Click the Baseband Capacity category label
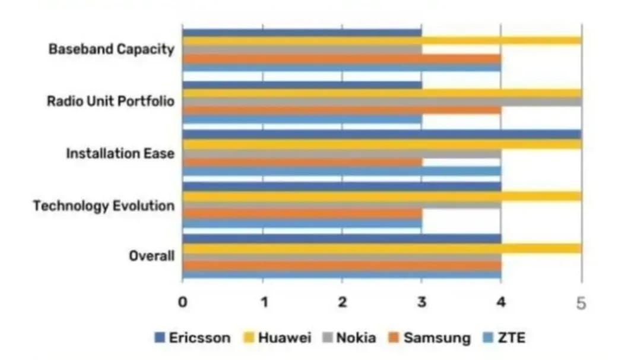pos(111,49)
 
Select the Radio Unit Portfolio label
pos(110,102)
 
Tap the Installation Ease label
pos(120,154)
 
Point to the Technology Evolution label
pos(104,206)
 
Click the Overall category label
pos(151,257)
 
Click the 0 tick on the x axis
pos(182,302)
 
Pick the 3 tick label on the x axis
pos(422,302)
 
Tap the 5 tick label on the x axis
pos(581,303)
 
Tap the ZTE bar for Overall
pos(341,274)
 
